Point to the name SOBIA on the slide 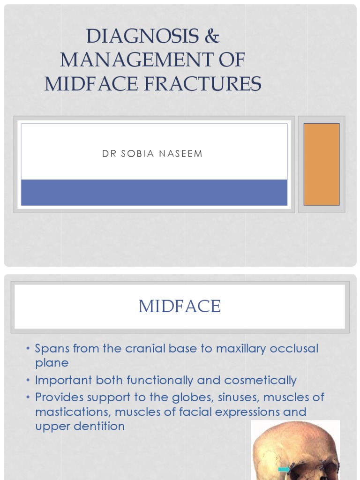pos(140,154)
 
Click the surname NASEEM pos(183,154)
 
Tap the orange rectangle pos(321,164)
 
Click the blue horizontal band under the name pos(154,192)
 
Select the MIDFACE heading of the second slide pos(180,307)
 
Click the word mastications pos(72,412)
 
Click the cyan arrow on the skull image pos(284,469)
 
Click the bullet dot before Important pos(28,380)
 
